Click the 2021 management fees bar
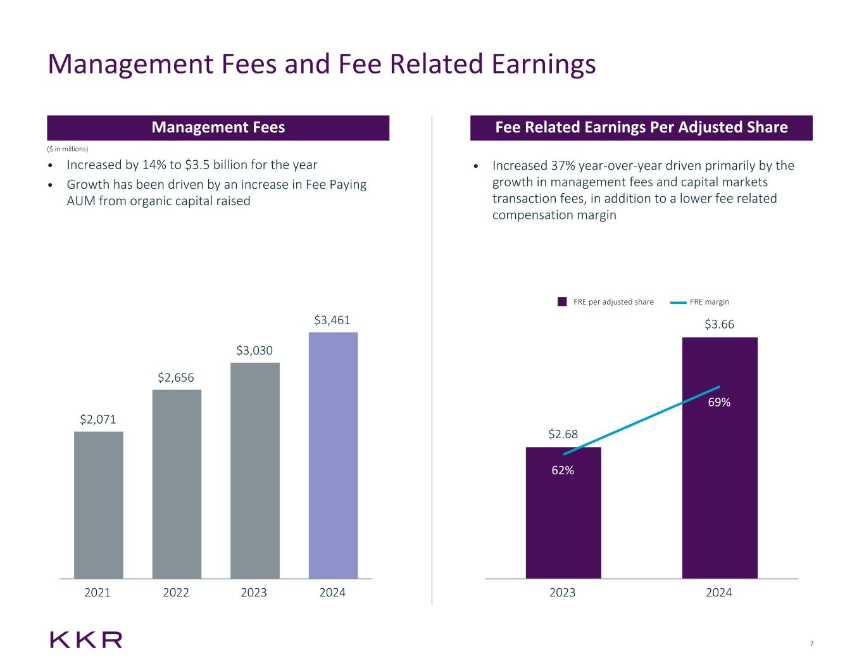tap(99, 505)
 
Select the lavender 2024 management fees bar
tap(333, 455)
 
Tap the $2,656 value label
tap(176, 378)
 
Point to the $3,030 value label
tap(254, 350)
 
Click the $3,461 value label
tap(332, 320)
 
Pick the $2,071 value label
tap(98, 419)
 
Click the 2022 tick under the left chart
tap(176, 593)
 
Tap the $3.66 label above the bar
tap(720, 325)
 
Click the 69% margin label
tap(720, 403)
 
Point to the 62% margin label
tap(562, 470)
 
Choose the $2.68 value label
tap(563, 434)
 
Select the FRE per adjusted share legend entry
tap(606, 302)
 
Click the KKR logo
tap(86, 640)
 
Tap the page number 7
tap(811, 644)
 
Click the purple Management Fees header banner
tap(218, 127)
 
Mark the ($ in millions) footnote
tap(68, 149)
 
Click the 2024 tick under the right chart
tap(719, 593)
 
